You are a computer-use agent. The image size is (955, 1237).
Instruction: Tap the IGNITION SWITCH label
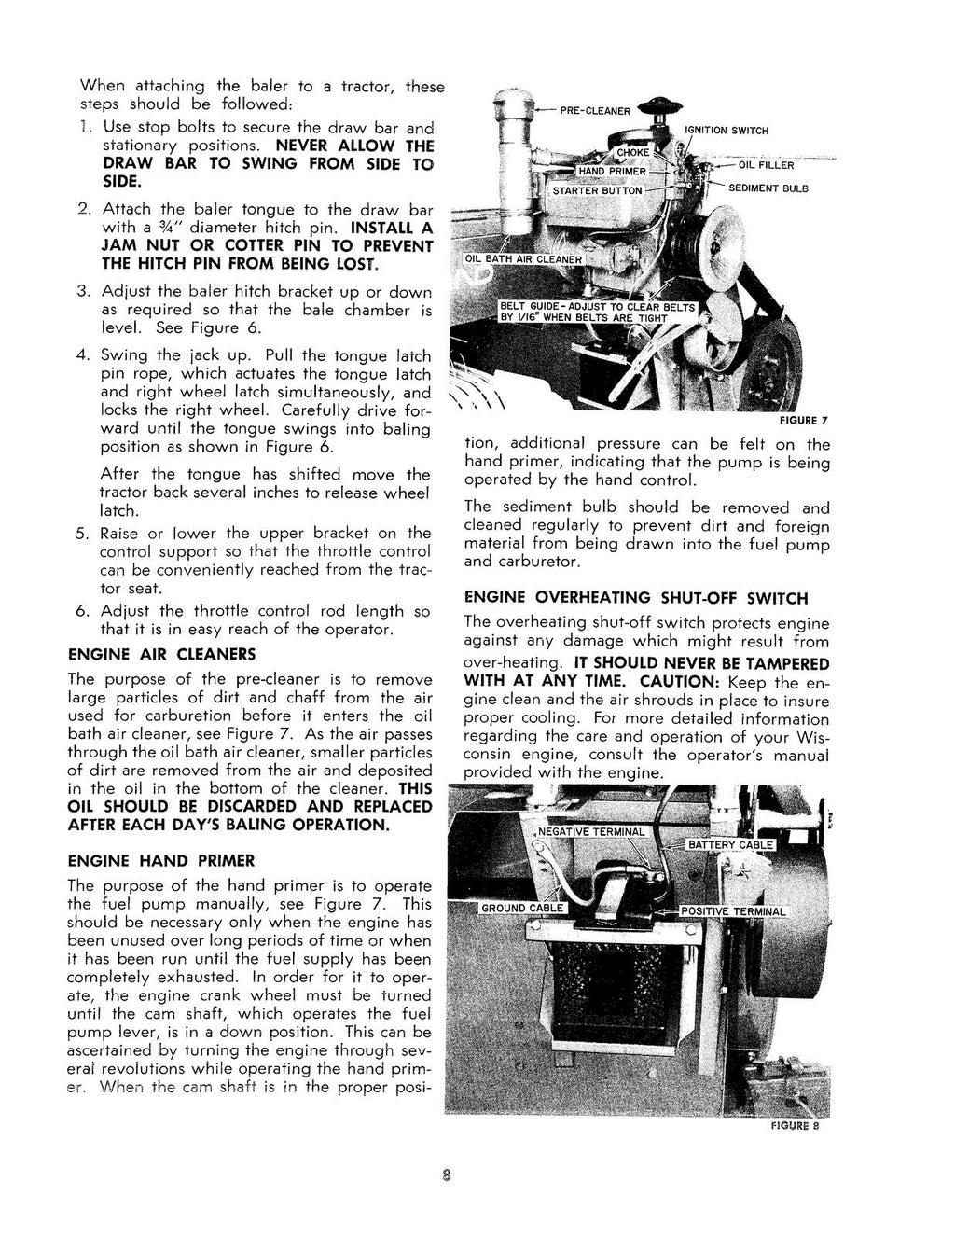[727, 131]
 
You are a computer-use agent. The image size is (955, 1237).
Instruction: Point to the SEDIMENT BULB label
[768, 188]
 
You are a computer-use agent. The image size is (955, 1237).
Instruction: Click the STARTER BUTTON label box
[598, 191]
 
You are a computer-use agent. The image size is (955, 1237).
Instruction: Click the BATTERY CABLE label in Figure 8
[730, 845]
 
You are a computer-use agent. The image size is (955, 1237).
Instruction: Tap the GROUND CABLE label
[522, 908]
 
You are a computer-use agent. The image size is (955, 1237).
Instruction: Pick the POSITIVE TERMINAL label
[733, 911]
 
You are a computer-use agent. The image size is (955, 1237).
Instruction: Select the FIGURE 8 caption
[795, 1126]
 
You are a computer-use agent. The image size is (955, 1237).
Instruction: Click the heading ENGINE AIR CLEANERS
[161, 655]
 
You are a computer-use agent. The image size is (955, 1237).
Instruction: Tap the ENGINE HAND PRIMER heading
[160, 860]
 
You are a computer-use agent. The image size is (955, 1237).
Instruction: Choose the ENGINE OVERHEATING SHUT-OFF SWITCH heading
[636, 598]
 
